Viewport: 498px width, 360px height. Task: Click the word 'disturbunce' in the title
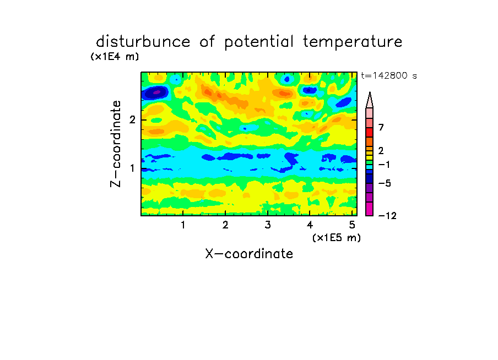click(x=143, y=42)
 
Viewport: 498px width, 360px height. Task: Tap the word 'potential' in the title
click(x=259, y=42)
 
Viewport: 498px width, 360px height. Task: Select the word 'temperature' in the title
click(x=353, y=42)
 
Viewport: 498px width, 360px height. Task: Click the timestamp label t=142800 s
click(x=389, y=75)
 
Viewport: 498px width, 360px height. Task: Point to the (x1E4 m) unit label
click(x=115, y=57)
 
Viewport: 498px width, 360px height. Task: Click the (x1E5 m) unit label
click(x=337, y=238)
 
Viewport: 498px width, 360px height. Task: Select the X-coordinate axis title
click(x=249, y=254)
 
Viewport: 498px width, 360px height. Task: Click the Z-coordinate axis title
click(x=116, y=144)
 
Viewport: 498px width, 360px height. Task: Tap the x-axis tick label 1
click(x=183, y=225)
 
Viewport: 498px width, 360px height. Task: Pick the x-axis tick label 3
click(x=268, y=225)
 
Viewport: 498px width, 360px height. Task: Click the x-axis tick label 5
click(x=352, y=225)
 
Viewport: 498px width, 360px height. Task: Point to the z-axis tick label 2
click(x=132, y=120)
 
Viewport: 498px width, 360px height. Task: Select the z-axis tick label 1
click(x=132, y=168)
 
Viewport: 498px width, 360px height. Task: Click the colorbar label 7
click(x=381, y=128)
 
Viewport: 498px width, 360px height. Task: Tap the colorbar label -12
click(x=387, y=216)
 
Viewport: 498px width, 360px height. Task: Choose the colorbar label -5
click(x=385, y=183)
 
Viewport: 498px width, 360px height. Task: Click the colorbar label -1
click(x=384, y=165)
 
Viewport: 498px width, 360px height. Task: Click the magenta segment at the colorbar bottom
click(x=370, y=209)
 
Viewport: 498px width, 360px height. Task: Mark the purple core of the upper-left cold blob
click(x=156, y=92)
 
